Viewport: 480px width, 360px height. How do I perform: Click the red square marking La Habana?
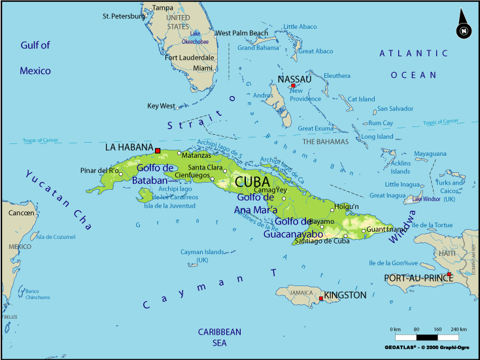click(158, 151)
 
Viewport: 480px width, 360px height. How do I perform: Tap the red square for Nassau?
click(293, 86)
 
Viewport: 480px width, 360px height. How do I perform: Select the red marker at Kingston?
click(321, 298)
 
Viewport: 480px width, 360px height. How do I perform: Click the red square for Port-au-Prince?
click(449, 274)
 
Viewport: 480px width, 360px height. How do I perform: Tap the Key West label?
click(161, 106)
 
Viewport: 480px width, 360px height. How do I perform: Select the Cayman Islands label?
click(201, 255)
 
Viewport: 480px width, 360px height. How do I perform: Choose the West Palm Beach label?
click(241, 33)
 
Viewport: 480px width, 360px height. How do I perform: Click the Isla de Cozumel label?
click(56, 236)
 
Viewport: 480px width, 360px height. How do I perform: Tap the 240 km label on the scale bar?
click(458, 329)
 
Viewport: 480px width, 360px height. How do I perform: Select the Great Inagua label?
click(387, 195)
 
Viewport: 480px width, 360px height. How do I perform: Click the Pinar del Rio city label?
click(99, 170)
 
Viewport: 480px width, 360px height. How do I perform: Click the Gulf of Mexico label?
click(35, 58)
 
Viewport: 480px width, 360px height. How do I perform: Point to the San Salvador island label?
click(395, 108)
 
